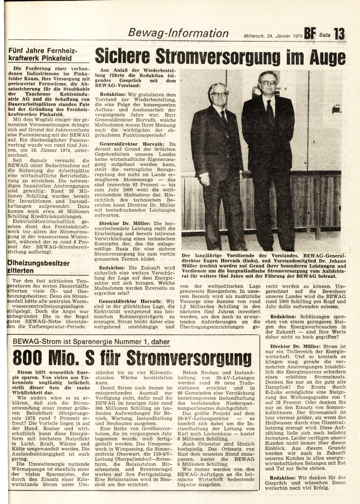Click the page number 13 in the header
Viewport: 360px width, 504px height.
339,34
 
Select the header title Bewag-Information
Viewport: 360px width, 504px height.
178,33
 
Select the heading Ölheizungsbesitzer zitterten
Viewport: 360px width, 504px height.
38,267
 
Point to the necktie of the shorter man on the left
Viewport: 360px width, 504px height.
224,117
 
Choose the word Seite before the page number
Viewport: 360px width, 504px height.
325,35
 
